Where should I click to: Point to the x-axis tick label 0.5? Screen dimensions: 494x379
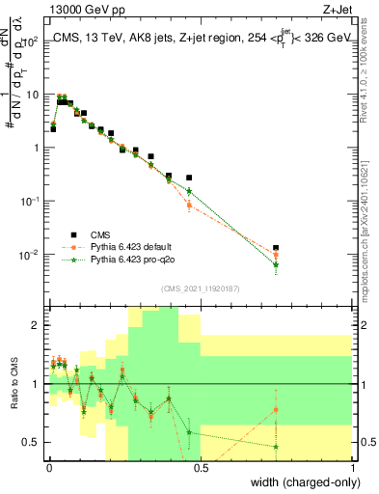[x=201, y=468]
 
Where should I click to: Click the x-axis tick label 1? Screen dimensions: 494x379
[x=353, y=468]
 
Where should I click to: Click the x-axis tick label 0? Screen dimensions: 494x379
[x=48, y=468]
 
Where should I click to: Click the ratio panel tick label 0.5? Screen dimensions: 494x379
[x=33, y=443]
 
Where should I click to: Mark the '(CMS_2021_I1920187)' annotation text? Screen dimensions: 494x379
[x=200, y=288]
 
